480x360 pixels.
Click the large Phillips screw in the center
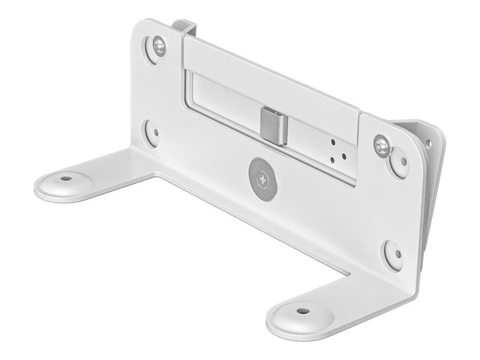pyautogui.click(x=263, y=180)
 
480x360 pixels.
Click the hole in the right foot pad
pyautogui.click(x=303, y=311)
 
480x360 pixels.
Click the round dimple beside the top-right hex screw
pyautogui.click(x=400, y=161)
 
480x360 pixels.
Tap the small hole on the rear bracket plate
pyautogui.click(x=428, y=142)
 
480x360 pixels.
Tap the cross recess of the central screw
pyautogui.click(x=263, y=180)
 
